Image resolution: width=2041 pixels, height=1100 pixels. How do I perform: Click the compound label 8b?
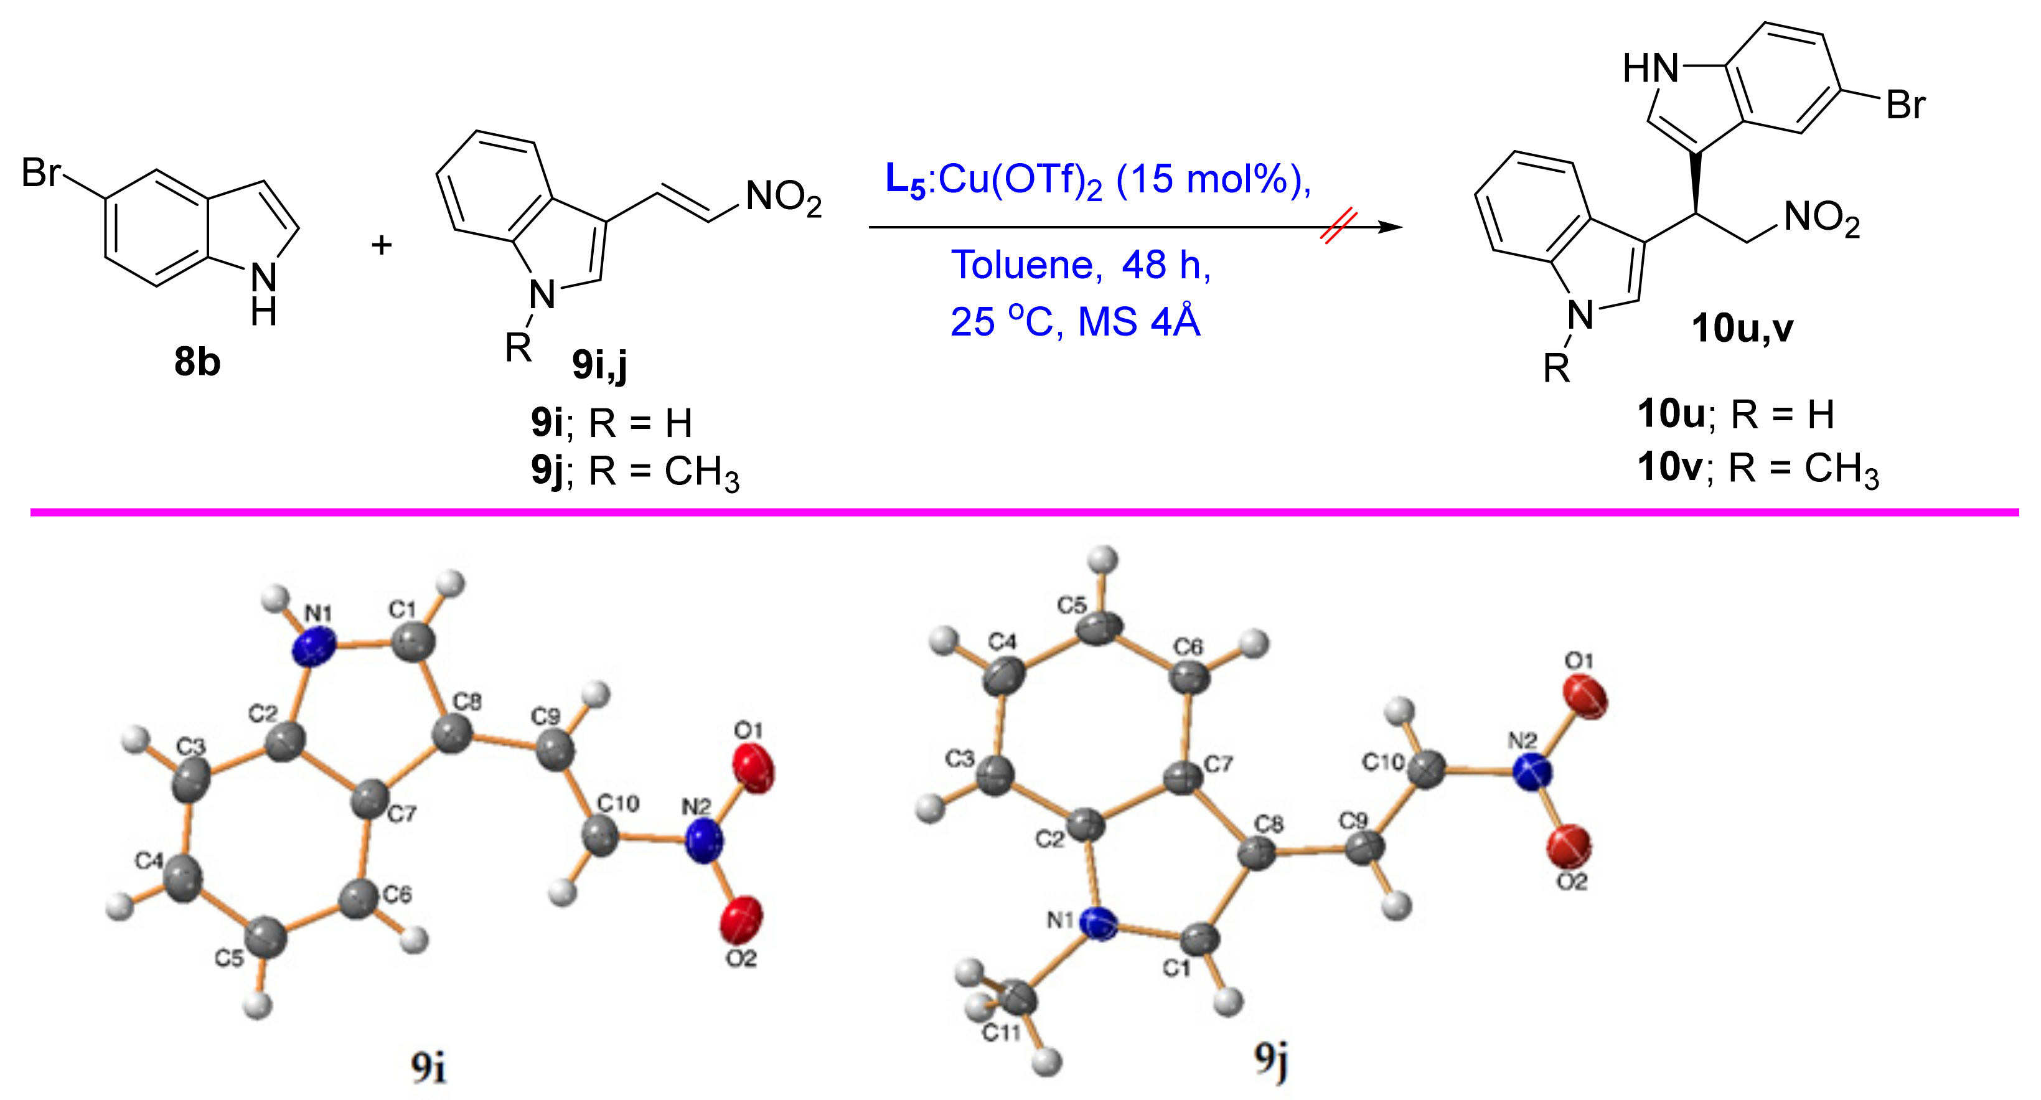point(197,362)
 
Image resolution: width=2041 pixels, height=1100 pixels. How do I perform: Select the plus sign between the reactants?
point(381,244)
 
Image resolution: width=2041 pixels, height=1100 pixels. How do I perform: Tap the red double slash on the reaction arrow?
point(1340,227)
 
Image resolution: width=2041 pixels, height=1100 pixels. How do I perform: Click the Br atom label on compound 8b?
point(41,173)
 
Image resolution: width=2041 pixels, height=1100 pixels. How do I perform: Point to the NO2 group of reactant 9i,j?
point(783,197)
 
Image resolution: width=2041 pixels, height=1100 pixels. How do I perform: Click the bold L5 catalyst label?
point(905,180)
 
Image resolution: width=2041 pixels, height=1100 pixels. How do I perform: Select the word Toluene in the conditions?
point(1026,265)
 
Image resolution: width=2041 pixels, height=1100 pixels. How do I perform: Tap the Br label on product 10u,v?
point(1905,105)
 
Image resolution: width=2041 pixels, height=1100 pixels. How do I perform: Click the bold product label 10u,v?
point(1742,328)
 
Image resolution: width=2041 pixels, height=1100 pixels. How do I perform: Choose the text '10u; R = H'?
point(1735,414)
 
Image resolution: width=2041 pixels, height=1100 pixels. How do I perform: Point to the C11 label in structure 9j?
point(1002,1033)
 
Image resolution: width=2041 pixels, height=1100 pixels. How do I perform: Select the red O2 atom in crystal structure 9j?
point(1568,845)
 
